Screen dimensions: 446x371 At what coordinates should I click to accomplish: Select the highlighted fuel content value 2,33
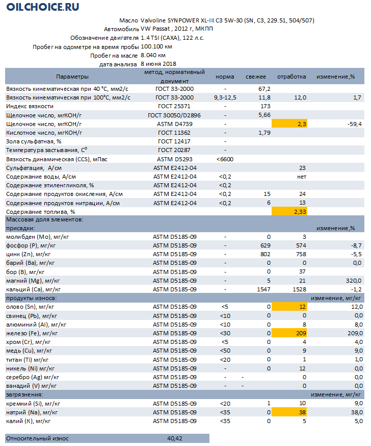tap(298, 211)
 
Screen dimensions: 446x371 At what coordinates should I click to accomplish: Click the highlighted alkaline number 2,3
tap(300, 124)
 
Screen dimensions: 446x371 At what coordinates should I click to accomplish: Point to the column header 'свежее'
tap(256, 77)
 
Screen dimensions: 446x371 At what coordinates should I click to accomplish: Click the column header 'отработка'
tap(291, 77)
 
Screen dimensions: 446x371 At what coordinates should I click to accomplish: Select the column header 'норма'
tap(225, 77)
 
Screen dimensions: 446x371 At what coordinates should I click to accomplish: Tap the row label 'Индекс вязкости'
tap(30, 106)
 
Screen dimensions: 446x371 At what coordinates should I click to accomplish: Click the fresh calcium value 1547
tap(262, 289)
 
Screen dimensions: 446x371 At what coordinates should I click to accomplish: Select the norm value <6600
tap(225, 159)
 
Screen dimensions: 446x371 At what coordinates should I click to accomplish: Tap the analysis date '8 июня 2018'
tap(158, 64)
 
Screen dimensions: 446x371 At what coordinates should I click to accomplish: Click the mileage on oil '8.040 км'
tap(153, 55)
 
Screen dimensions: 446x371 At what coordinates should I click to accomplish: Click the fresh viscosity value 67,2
tap(264, 89)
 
